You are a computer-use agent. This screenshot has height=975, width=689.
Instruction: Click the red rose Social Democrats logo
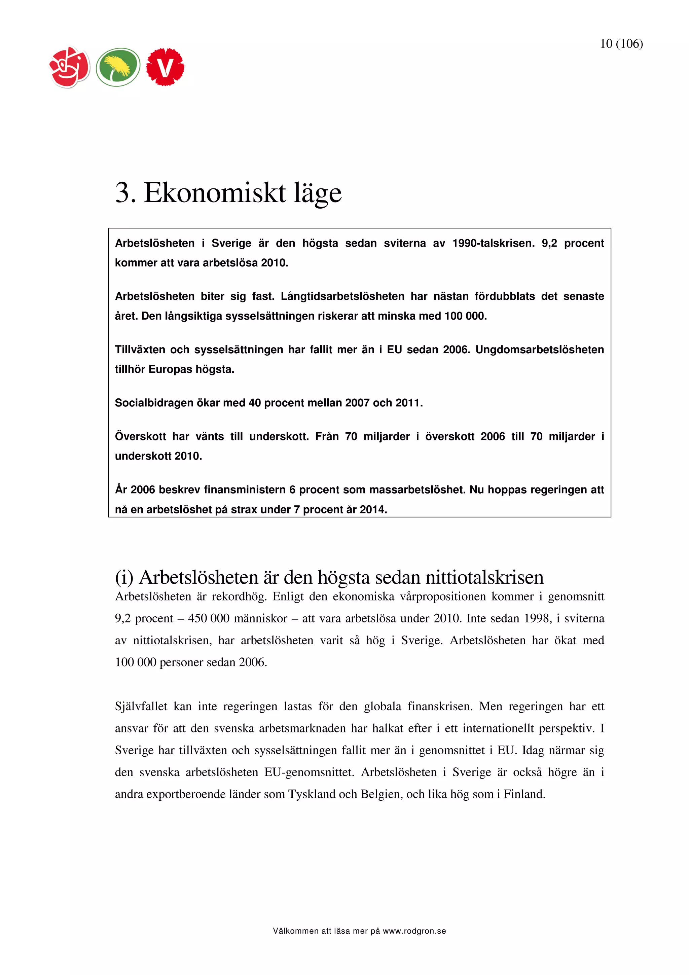70,67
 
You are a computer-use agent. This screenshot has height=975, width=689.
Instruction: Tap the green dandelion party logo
118,67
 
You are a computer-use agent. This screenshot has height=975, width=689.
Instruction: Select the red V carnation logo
165,67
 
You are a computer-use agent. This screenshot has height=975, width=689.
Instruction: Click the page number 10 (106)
621,44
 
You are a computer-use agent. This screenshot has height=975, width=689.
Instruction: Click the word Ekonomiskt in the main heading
214,193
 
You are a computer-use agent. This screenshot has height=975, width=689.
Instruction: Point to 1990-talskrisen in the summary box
493,243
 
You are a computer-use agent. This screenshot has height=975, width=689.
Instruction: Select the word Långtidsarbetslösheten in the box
342,296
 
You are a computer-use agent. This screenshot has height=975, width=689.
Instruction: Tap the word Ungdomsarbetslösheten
539,350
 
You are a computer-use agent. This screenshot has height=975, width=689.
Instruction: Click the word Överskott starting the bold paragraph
140,437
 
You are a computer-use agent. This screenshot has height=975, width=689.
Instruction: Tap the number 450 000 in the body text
209,618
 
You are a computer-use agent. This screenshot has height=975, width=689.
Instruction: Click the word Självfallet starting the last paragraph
141,706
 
